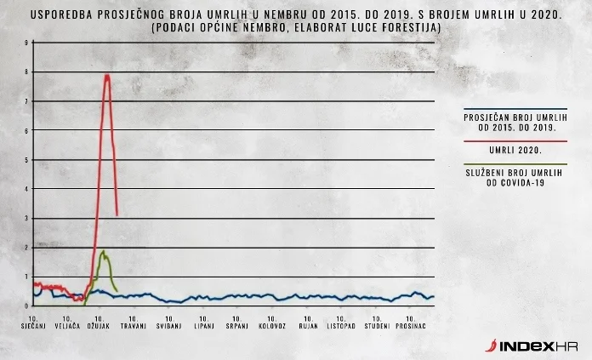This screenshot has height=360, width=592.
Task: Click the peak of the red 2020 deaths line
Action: [107, 76]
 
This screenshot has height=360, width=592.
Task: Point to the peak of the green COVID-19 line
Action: [102, 252]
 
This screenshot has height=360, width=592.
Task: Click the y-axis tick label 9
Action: [26, 43]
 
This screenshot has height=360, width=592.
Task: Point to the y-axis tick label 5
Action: [26, 160]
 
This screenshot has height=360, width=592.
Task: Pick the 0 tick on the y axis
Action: [26, 306]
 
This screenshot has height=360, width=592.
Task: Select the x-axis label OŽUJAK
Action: [100, 327]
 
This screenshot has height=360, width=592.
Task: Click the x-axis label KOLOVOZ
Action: [273, 327]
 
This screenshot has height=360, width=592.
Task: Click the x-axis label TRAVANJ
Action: [134, 327]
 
